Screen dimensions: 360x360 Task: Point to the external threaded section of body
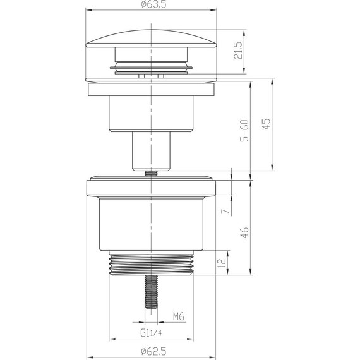click(152, 264)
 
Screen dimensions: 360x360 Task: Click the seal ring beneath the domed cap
click(152, 66)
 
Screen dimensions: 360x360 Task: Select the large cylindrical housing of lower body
click(152, 224)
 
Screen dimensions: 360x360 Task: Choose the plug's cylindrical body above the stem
click(152, 114)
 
